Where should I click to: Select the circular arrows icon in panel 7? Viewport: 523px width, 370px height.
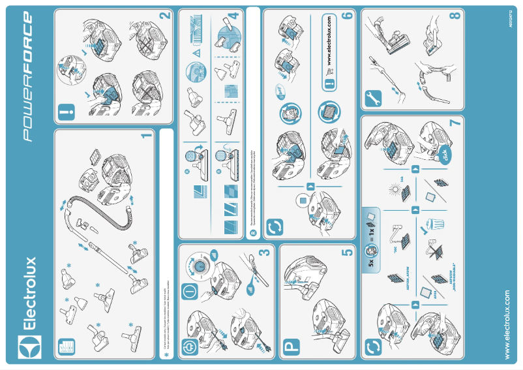pos(373,346)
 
